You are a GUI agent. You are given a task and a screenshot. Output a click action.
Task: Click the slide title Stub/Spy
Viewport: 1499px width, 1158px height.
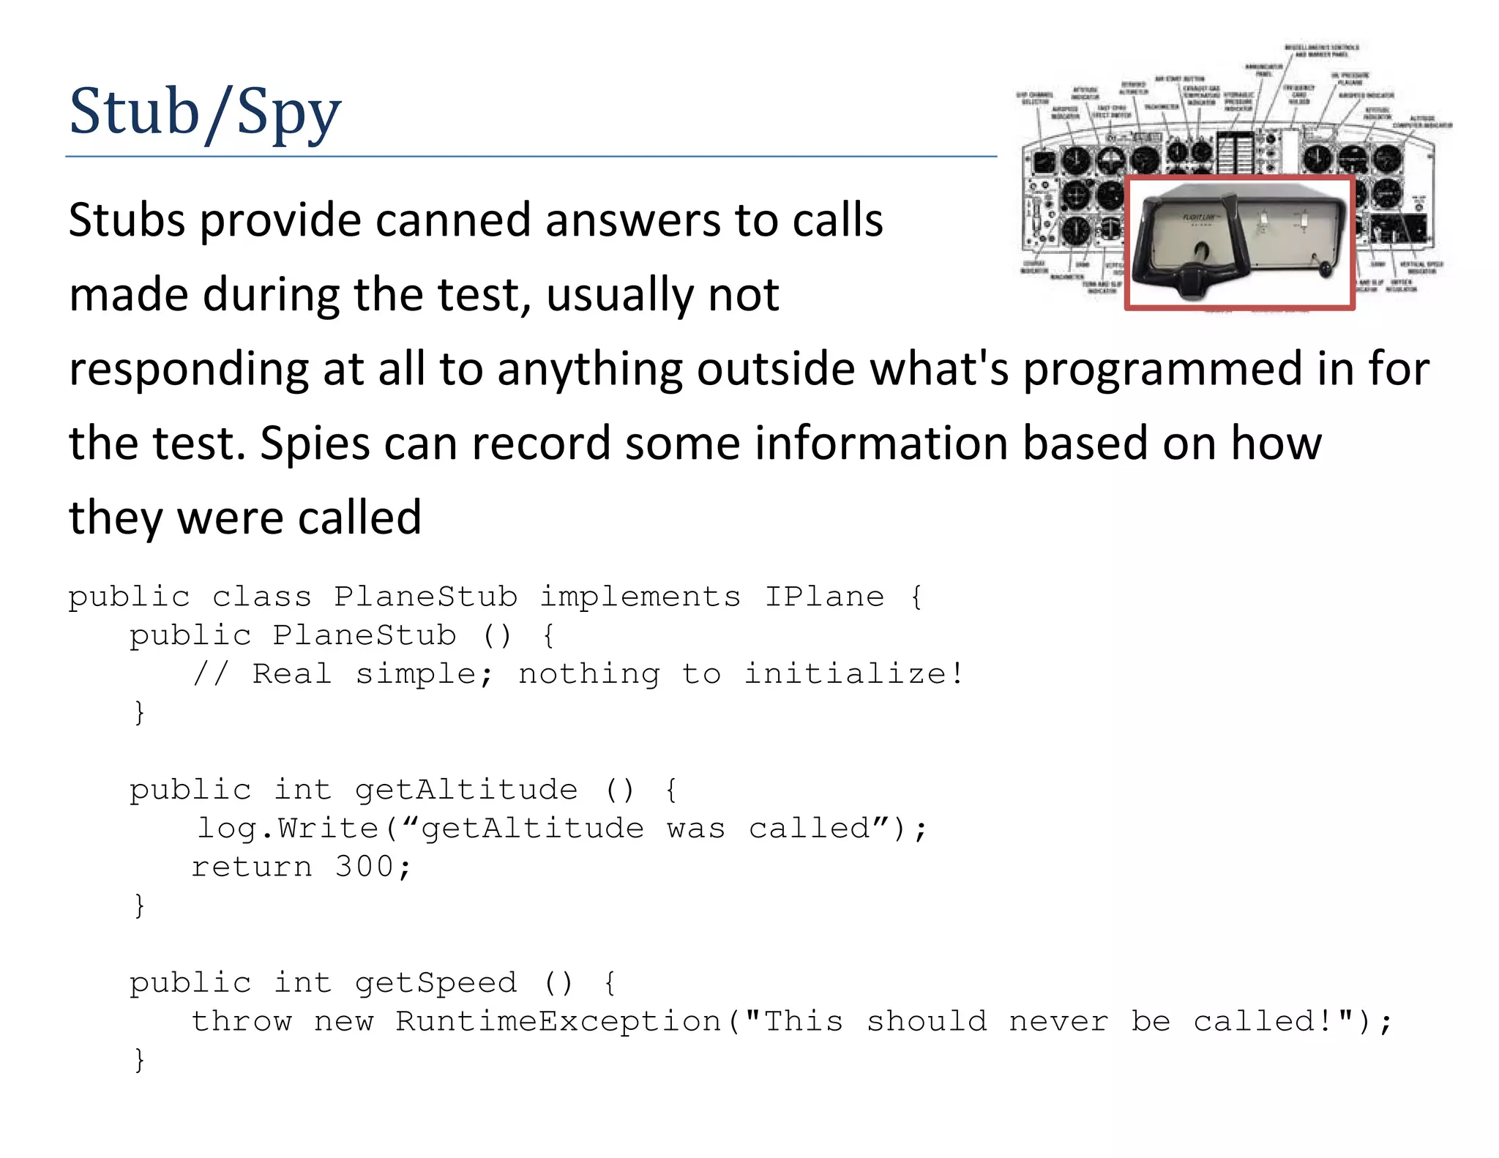205,112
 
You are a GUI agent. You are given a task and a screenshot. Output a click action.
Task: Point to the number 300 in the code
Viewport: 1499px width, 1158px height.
365,867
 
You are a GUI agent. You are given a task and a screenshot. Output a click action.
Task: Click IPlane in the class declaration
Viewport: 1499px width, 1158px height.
824,597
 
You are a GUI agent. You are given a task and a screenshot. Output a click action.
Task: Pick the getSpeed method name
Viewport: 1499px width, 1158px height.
436,982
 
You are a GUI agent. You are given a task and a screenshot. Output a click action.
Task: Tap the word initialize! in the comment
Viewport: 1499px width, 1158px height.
853,673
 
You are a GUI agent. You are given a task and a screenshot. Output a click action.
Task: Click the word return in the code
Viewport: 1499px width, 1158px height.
252,867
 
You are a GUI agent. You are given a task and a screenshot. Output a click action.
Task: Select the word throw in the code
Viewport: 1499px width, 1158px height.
242,1021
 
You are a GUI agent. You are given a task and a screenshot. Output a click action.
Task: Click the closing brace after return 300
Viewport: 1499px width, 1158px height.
139,905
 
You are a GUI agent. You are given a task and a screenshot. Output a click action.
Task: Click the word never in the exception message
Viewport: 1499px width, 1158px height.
1058,1021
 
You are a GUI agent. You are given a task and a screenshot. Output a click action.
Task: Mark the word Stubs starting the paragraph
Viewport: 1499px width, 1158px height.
127,220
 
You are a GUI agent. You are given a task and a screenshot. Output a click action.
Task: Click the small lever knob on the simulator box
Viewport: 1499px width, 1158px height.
1326,271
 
